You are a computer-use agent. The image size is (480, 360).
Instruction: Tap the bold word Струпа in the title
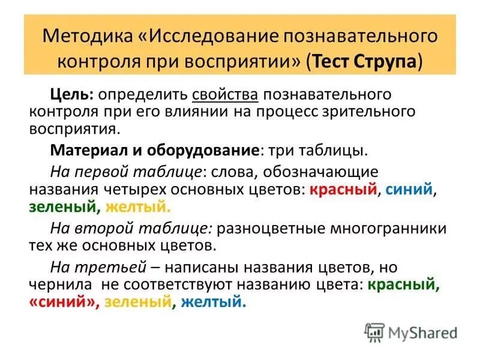point(388,62)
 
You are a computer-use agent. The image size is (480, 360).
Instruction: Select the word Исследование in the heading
point(213,35)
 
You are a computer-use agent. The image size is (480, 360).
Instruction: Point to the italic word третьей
point(115,267)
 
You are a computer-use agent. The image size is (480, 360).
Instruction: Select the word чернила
point(59,285)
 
